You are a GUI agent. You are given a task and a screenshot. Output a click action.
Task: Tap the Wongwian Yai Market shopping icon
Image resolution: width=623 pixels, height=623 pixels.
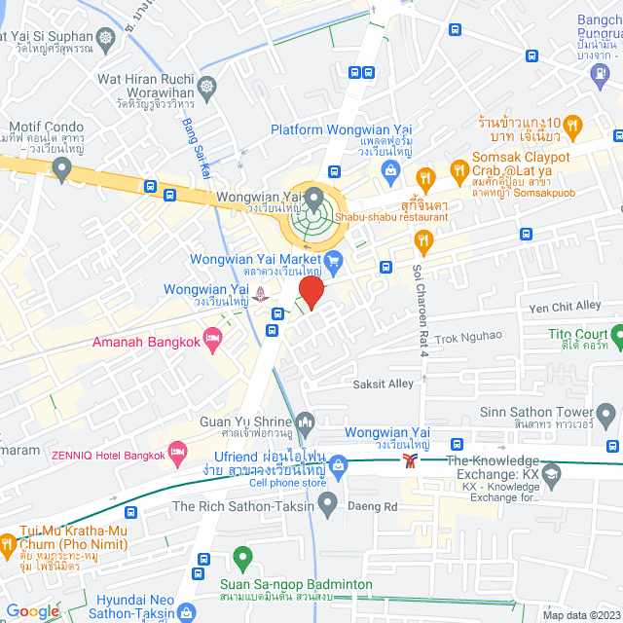(x=334, y=260)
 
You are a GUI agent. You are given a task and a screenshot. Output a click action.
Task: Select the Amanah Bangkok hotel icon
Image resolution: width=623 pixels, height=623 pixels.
(x=213, y=338)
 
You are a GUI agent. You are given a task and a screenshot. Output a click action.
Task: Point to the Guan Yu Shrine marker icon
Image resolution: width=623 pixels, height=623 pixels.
(x=306, y=421)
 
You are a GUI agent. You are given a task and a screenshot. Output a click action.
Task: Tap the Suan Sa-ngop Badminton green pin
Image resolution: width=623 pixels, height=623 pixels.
(x=242, y=558)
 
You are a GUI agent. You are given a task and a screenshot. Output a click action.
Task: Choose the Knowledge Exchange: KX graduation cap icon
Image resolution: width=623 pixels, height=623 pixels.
(x=552, y=475)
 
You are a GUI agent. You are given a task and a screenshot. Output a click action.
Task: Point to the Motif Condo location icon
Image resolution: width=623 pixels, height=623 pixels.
(x=63, y=169)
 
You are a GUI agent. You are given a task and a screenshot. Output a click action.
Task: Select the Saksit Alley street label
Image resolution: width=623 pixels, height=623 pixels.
(x=384, y=384)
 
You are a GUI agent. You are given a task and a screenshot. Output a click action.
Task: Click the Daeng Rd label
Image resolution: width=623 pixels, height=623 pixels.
(x=379, y=506)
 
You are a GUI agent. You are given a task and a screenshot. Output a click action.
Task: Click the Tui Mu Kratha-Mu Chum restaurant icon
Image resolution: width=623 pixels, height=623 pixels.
(x=7, y=543)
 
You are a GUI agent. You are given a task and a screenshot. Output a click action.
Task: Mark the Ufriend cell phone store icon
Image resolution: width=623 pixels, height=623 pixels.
(x=339, y=464)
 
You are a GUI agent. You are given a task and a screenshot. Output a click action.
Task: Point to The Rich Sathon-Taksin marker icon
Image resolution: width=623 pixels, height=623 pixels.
(x=328, y=503)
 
